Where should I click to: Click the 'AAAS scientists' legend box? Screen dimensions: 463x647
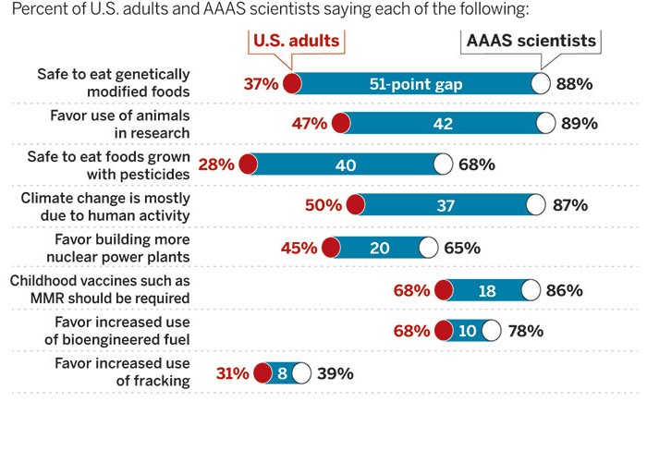click(531, 42)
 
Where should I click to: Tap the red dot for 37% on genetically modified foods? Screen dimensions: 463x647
click(293, 84)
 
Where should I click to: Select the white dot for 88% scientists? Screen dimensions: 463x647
click(541, 84)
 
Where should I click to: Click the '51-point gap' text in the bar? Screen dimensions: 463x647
click(417, 84)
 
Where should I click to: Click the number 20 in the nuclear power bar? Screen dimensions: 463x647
click(380, 248)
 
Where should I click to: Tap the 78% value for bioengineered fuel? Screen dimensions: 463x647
click(524, 331)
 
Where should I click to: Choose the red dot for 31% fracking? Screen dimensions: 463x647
click(262, 373)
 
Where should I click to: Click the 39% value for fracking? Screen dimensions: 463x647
click(335, 373)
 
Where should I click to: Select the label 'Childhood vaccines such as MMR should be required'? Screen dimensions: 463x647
click(100, 289)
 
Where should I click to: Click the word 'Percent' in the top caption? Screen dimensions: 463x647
click(38, 10)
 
